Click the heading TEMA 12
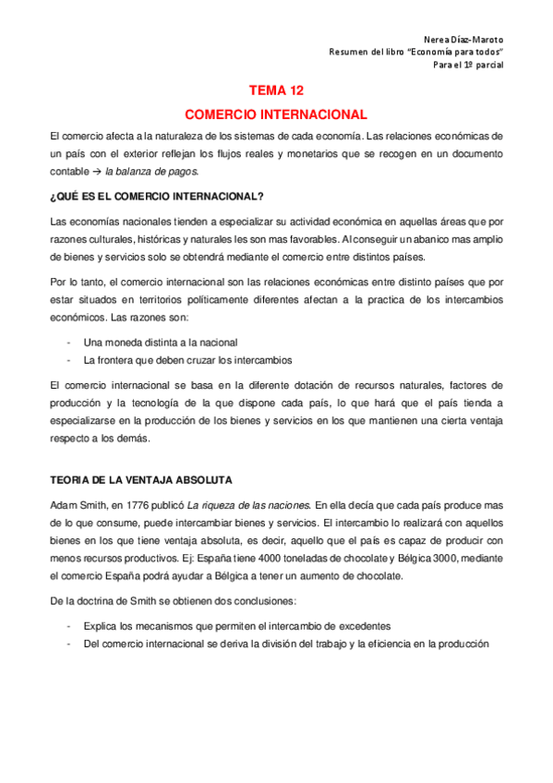click(x=276, y=91)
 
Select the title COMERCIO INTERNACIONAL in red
click(x=276, y=115)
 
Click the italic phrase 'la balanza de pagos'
click(x=151, y=172)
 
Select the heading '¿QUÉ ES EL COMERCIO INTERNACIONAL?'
click(x=157, y=196)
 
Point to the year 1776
click(x=136, y=505)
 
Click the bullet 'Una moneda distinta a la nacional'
click(x=160, y=342)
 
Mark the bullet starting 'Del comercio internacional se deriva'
click(x=284, y=644)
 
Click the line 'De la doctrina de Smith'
click(x=158, y=601)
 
